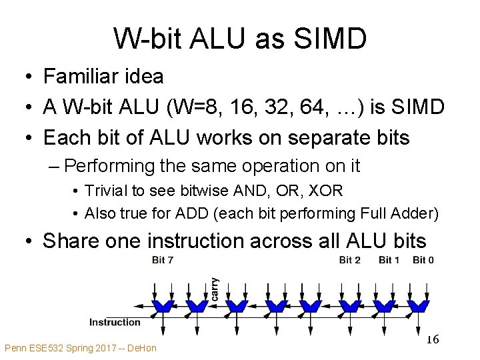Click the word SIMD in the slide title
point(331,39)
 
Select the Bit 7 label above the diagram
point(163,260)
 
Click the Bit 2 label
point(350,260)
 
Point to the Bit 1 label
point(389,260)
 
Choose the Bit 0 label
point(423,260)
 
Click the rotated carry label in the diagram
point(214,289)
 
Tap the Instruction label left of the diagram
point(115,322)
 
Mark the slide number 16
point(433,339)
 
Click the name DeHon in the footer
point(142,348)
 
